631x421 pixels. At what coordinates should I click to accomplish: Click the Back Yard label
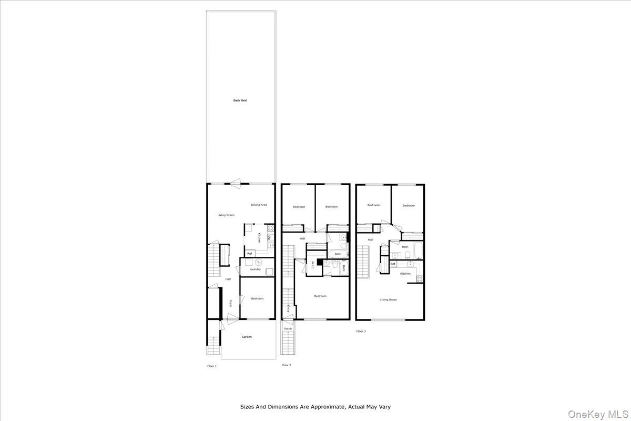point(240,100)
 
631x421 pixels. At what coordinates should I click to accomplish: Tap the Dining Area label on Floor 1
point(259,205)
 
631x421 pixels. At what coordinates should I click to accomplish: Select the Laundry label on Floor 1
point(255,269)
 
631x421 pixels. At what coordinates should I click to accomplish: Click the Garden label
point(247,337)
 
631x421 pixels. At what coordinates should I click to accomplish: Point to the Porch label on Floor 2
point(288,329)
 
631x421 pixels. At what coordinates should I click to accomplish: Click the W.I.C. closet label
point(312,265)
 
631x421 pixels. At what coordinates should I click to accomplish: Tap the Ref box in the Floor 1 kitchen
point(250,254)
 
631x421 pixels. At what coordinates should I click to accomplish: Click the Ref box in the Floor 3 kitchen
point(393,264)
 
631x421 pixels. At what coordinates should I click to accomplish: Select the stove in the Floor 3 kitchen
point(420,278)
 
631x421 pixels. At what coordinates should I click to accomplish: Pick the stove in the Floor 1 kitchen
point(271,228)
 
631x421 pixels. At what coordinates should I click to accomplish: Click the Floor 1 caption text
point(212,365)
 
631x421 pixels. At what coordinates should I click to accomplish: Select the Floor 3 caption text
point(361,331)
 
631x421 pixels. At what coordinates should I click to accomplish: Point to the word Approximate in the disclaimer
point(327,407)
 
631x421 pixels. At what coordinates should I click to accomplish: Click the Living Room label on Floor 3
point(389,299)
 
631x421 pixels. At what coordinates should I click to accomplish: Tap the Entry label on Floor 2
point(289,309)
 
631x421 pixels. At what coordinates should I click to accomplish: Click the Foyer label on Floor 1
point(231,304)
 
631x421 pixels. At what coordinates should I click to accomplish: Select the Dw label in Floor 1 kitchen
point(269,238)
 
